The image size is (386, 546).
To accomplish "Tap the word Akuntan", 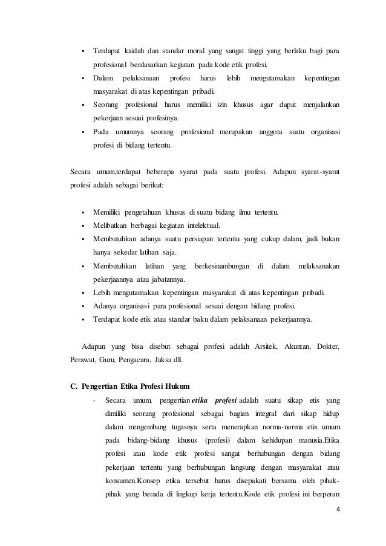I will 298,346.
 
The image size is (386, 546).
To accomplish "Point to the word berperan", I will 327,493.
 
